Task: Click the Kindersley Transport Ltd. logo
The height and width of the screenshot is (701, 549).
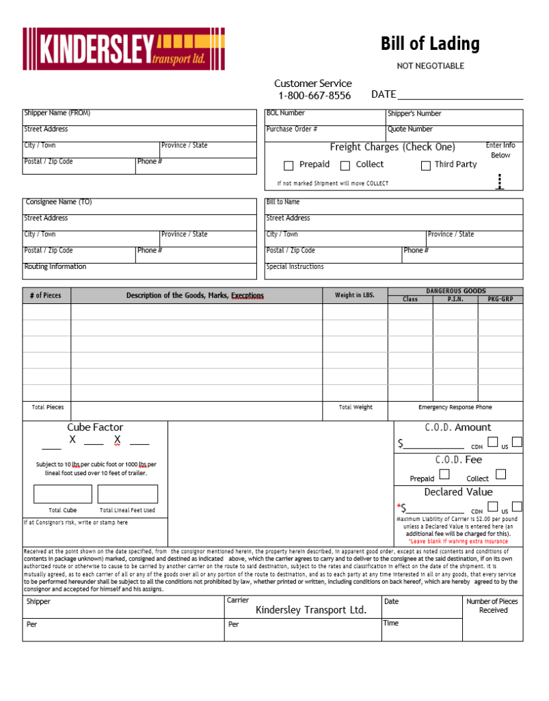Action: [124, 49]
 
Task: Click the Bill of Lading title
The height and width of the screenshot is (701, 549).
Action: [430, 44]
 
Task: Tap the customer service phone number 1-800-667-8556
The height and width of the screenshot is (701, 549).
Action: [314, 96]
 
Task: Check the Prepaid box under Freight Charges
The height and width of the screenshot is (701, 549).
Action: [289, 165]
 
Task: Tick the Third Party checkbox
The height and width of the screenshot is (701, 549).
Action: [425, 165]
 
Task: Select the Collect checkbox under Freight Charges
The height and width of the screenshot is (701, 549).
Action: [345, 165]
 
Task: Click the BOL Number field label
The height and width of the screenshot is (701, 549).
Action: [286, 113]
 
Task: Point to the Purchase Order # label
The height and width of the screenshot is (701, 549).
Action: [292, 129]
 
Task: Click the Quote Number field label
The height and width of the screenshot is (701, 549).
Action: [410, 129]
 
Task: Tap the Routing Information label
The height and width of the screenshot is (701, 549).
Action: [55, 267]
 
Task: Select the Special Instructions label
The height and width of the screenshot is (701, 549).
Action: [295, 267]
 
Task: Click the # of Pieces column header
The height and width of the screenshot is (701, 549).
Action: [46, 296]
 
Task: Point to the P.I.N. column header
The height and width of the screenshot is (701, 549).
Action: [455, 299]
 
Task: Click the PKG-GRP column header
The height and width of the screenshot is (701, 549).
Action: [500, 299]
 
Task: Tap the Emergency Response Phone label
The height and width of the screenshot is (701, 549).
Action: [455, 407]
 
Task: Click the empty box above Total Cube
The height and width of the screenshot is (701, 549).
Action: [63, 494]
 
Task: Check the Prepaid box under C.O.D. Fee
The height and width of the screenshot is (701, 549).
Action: [445, 474]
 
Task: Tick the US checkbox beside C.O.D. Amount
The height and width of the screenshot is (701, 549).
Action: [517, 442]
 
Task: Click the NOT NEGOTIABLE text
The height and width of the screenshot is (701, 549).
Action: [431, 66]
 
